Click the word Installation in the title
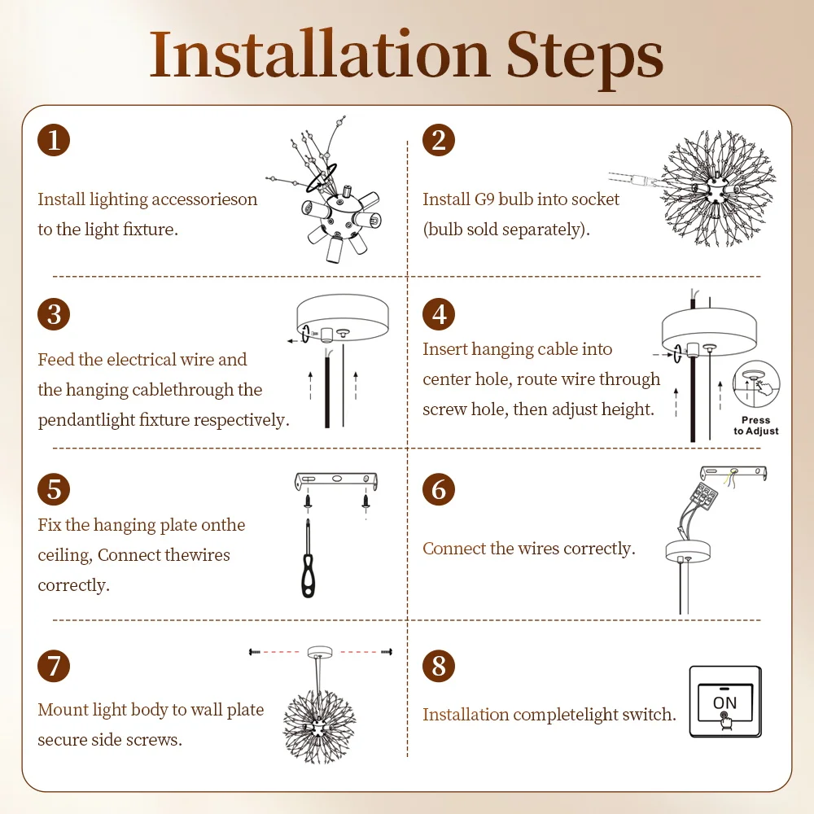(x=319, y=55)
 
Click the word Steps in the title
(x=584, y=59)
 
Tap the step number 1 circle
(x=54, y=140)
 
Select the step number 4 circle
(x=439, y=314)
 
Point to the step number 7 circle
(x=54, y=666)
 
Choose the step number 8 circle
(x=439, y=666)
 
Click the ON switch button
(x=725, y=702)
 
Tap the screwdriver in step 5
(x=308, y=558)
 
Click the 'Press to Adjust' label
(x=756, y=426)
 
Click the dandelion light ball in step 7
(x=320, y=726)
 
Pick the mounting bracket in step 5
(x=336, y=481)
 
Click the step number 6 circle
(x=439, y=489)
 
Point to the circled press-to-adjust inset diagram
(x=756, y=384)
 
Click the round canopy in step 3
(x=343, y=317)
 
